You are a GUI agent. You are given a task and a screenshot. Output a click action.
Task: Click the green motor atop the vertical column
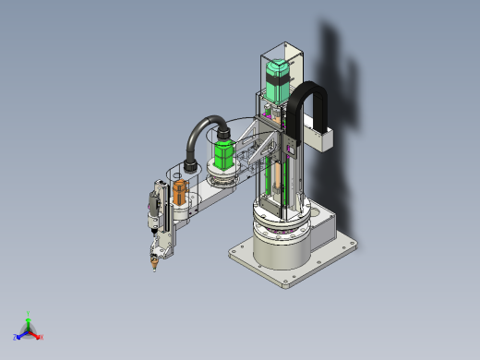point(276,80)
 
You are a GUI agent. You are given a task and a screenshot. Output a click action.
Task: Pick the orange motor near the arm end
point(179,195)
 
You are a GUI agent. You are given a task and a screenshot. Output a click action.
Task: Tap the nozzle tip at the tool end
point(154,269)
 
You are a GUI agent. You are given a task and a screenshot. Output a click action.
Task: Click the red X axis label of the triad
point(41,337)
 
